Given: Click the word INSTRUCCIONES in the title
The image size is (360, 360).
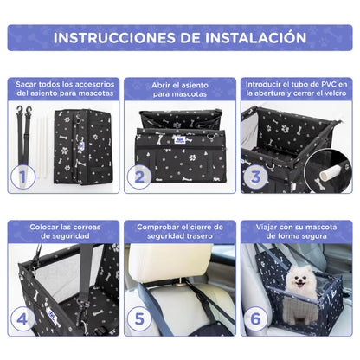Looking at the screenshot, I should coord(117,37).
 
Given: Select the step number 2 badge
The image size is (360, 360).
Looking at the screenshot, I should coord(137,178).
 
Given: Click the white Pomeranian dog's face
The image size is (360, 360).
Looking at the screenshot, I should coord(301,283).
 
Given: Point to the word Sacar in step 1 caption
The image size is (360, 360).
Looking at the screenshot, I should coord(29,83).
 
